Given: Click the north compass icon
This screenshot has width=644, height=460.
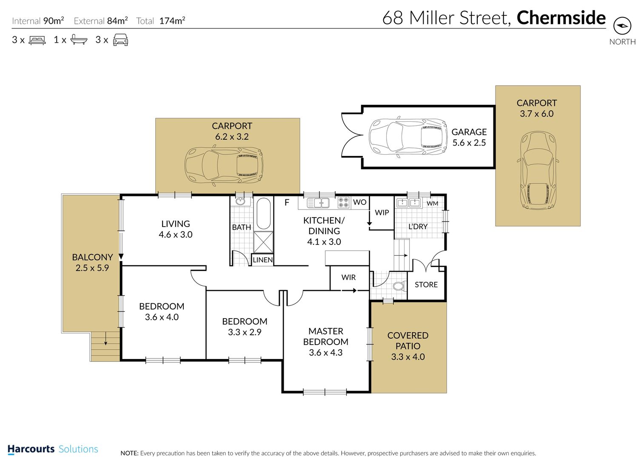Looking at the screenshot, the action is point(622,26).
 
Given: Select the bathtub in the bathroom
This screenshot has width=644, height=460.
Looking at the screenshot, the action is point(263,213).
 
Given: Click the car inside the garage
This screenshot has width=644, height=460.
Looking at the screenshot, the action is point(408,137).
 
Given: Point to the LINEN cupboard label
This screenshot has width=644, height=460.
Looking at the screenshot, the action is point(263,260).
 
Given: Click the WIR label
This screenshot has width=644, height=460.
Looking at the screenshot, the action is point(348,277).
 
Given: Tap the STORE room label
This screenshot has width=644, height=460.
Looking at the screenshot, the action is point(426,285).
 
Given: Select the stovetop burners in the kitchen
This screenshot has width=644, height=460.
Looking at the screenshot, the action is point(343,202).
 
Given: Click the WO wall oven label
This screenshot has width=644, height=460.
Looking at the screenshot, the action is point(360,202).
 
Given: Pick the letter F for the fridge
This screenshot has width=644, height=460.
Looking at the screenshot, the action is point(287,203).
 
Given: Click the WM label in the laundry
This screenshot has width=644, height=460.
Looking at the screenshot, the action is point(433,204).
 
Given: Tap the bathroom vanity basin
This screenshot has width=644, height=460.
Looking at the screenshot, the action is point(240,201).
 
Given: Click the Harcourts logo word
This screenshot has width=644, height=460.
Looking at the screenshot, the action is point(31,449).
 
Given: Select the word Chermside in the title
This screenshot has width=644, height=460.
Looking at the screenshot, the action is point(561,18).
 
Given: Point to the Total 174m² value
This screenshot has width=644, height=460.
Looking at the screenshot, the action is point(172,21).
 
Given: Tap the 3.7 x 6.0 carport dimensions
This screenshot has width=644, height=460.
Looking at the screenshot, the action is point(536,114).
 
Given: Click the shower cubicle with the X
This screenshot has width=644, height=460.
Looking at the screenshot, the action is point(263,242).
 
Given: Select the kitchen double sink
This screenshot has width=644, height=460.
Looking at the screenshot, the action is point(318,203).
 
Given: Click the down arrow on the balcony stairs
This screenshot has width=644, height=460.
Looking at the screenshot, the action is point(106,339).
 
